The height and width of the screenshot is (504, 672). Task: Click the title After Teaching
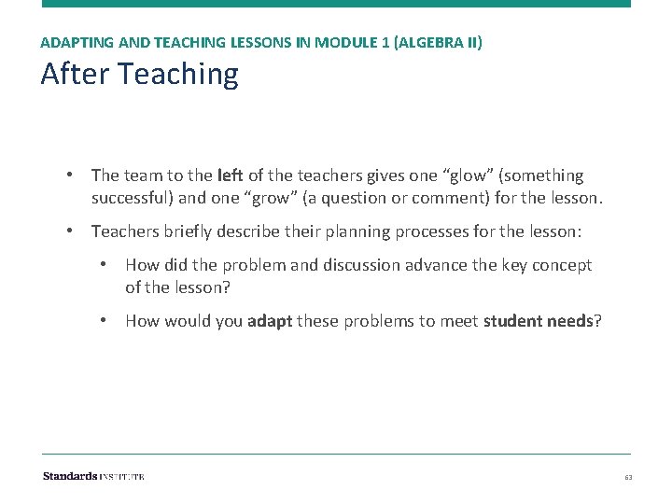tap(139, 74)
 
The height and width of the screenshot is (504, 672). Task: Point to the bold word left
tap(229, 175)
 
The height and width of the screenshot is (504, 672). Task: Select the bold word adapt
tap(272, 321)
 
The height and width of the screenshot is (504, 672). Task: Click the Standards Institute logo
tap(93, 476)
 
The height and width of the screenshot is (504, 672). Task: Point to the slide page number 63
tap(628, 477)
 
